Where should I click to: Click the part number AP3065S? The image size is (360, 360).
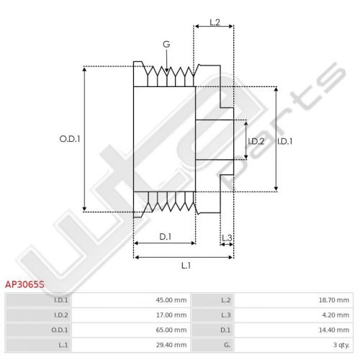click(x=24, y=284)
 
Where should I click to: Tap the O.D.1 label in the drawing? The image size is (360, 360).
click(x=70, y=139)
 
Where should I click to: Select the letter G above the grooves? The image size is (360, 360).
click(x=166, y=44)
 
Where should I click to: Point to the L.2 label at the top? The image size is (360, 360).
click(x=215, y=22)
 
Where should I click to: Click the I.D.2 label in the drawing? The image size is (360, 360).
click(x=256, y=141)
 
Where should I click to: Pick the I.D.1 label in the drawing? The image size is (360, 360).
click(x=285, y=141)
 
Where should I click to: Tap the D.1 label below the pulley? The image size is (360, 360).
click(x=166, y=237)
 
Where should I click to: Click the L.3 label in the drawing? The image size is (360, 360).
click(x=227, y=238)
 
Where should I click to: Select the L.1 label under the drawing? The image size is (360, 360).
click(x=186, y=266)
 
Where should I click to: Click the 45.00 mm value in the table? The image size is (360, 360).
click(x=171, y=300)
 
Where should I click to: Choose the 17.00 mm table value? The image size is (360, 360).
click(x=171, y=315)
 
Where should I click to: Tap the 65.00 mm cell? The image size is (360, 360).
click(x=171, y=330)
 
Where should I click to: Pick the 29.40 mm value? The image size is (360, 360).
click(x=171, y=345)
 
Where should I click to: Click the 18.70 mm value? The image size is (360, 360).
click(x=334, y=300)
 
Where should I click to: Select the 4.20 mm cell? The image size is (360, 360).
click(x=336, y=315)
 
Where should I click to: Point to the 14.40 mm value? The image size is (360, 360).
click(x=334, y=330)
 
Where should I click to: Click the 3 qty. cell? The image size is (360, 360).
click(x=341, y=345)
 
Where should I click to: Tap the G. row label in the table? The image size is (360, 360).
click(x=227, y=345)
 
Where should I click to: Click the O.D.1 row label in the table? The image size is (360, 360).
click(x=60, y=330)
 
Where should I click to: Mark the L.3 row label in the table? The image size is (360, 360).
click(x=225, y=315)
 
